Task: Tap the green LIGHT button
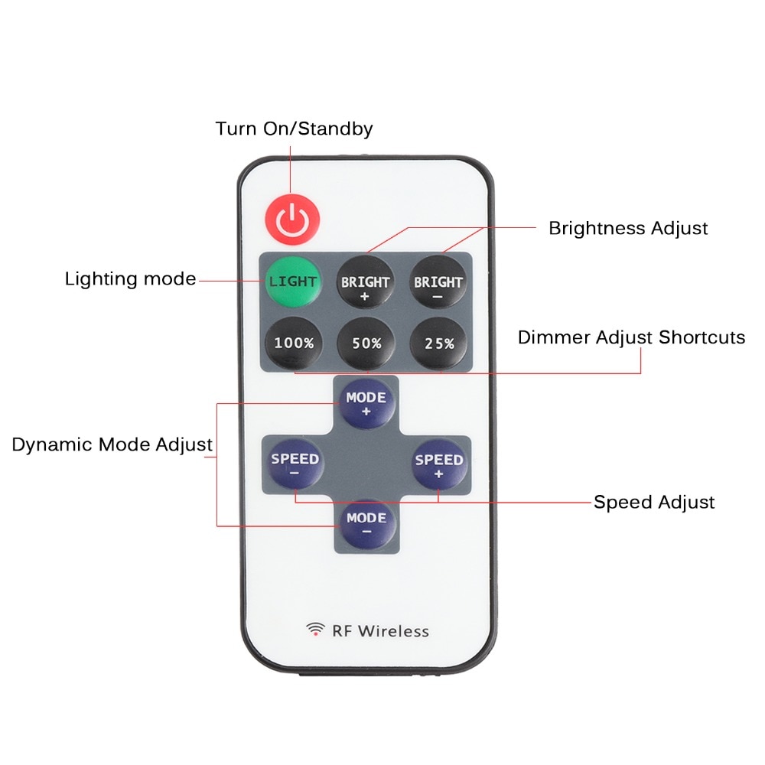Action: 292,281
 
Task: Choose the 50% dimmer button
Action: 366,343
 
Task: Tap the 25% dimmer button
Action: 439,343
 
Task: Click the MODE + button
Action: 366,403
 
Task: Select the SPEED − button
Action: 295,464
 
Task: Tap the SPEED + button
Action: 438,464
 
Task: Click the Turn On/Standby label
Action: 294,129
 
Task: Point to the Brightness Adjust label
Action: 628,228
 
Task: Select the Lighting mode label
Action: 130,279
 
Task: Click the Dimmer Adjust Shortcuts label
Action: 631,337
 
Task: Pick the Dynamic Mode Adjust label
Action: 112,444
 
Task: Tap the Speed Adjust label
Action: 654,503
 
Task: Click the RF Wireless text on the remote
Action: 380,631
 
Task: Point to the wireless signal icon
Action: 315,630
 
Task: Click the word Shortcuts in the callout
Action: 702,337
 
